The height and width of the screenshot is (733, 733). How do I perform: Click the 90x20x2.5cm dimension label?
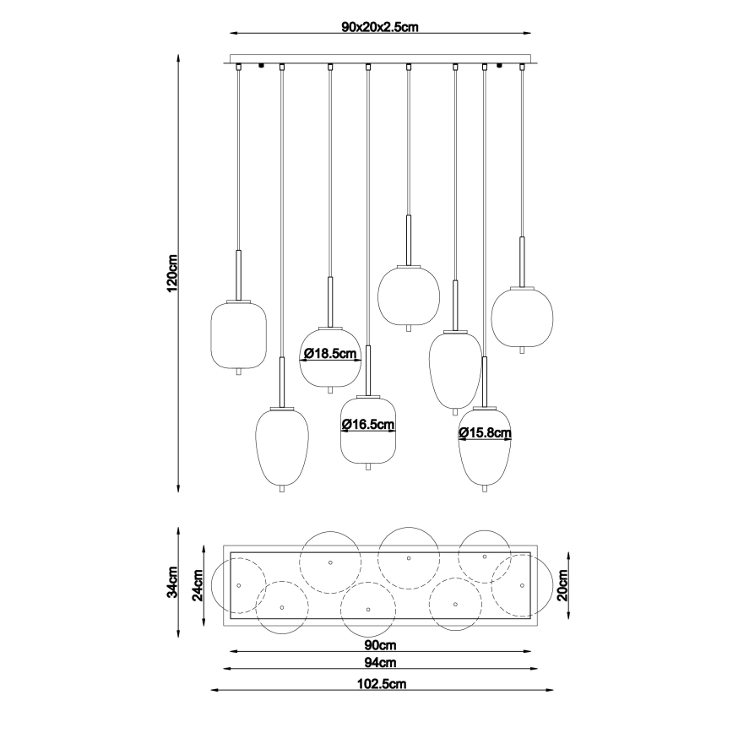(380, 27)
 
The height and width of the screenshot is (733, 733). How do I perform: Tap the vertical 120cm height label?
(172, 273)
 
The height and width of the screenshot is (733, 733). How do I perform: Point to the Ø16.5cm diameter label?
(368, 425)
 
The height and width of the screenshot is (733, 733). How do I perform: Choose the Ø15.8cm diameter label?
(485, 433)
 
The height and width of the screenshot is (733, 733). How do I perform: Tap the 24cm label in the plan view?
(198, 584)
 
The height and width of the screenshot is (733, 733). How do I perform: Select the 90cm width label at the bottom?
(380, 644)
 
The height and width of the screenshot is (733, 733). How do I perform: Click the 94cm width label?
(380, 664)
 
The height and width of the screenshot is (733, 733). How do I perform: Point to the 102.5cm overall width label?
(380, 683)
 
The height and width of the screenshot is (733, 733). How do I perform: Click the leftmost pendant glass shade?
(239, 334)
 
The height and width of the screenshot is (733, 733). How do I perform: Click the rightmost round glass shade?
(522, 317)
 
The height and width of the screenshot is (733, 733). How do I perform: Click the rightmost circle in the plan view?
(523, 584)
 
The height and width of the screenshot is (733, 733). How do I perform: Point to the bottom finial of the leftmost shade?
(239, 372)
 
